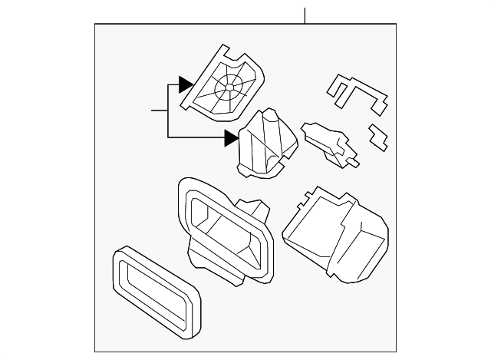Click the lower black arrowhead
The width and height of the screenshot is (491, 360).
[x=231, y=138]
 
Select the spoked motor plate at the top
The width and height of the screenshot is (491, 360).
[x=222, y=83]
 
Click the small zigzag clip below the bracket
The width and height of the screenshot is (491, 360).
[x=379, y=137]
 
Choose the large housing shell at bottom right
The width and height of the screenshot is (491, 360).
[x=338, y=234]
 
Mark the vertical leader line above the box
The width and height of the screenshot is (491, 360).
[x=305, y=15]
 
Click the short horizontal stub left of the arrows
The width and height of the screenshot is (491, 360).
[x=159, y=111]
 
